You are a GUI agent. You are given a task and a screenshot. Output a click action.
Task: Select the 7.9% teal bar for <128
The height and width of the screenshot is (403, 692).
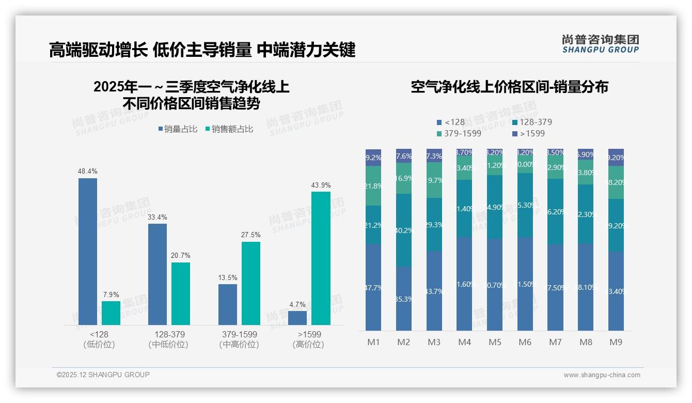click(111, 313)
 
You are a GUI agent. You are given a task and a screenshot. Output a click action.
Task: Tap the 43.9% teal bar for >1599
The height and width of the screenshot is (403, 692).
click(321, 258)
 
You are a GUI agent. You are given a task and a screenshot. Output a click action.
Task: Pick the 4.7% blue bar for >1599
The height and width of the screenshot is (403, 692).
click(297, 318)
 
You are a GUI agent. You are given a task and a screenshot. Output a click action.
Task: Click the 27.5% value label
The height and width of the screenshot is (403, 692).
click(250, 235)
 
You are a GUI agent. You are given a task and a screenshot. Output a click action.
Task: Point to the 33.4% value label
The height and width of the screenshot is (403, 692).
click(157, 217)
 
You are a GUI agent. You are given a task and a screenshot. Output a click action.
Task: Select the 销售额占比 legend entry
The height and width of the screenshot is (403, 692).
click(229, 129)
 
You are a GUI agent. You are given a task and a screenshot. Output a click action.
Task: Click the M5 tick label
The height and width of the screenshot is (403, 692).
click(495, 342)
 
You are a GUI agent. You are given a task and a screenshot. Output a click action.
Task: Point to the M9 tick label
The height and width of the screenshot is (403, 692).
click(616, 342)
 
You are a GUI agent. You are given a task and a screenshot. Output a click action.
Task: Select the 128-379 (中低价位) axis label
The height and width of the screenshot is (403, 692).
click(169, 339)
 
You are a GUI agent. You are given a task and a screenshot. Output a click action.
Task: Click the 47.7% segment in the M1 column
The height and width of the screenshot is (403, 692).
click(373, 287)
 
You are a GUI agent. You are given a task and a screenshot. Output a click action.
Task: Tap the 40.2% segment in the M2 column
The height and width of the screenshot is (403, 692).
click(404, 230)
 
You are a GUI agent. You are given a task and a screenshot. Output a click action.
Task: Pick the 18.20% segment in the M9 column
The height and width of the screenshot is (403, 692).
click(616, 182)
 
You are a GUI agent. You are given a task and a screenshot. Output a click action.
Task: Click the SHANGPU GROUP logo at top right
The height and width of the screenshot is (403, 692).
click(600, 44)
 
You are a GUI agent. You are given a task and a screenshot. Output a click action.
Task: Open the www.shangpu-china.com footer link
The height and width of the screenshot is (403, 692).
click(602, 375)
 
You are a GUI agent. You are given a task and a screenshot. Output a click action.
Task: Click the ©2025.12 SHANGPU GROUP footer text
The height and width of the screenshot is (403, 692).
click(103, 375)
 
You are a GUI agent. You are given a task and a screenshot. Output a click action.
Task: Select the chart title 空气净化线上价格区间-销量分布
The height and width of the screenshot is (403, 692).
click(509, 87)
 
